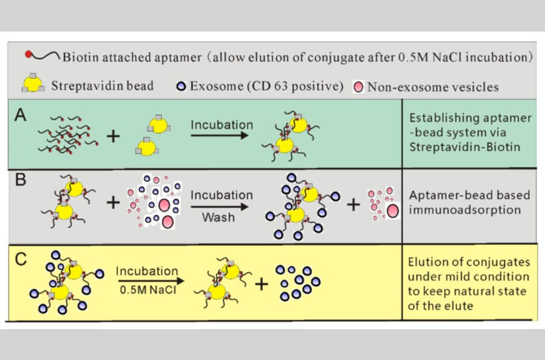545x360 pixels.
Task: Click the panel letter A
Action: click(20, 114)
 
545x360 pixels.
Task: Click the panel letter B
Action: click(20, 181)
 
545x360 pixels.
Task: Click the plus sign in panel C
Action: click(260, 283)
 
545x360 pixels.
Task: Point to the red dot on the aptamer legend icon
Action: click(28, 56)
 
